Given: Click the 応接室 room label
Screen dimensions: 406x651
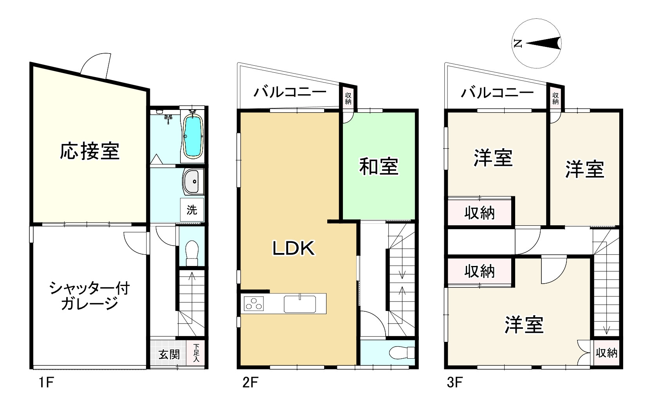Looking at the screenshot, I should pos(90,151).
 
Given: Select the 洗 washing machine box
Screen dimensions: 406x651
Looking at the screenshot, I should pos(192,210).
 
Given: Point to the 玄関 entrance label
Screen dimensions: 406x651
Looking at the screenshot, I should pos(169,354).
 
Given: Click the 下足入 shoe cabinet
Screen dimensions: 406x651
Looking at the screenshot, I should pos(196,353).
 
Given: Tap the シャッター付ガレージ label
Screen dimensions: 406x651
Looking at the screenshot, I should pos(90,296).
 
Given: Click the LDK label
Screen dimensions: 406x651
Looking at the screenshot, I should pos(294,248).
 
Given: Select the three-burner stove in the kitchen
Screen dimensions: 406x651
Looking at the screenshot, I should pos(254,304).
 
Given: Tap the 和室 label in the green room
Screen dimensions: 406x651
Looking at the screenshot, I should pos(379,166).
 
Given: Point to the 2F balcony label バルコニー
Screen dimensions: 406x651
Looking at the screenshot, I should pos(290,92).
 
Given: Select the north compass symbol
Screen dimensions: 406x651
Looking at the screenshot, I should pos(537,43).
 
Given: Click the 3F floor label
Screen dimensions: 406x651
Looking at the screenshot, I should pos(455,382).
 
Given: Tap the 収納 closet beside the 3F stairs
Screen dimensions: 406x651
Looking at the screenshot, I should pos(606,353).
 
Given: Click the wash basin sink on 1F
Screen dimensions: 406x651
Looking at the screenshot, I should pos(192,181).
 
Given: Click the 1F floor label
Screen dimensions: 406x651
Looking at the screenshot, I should pos(45,382).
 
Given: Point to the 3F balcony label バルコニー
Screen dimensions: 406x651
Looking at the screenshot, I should pos(497,93).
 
